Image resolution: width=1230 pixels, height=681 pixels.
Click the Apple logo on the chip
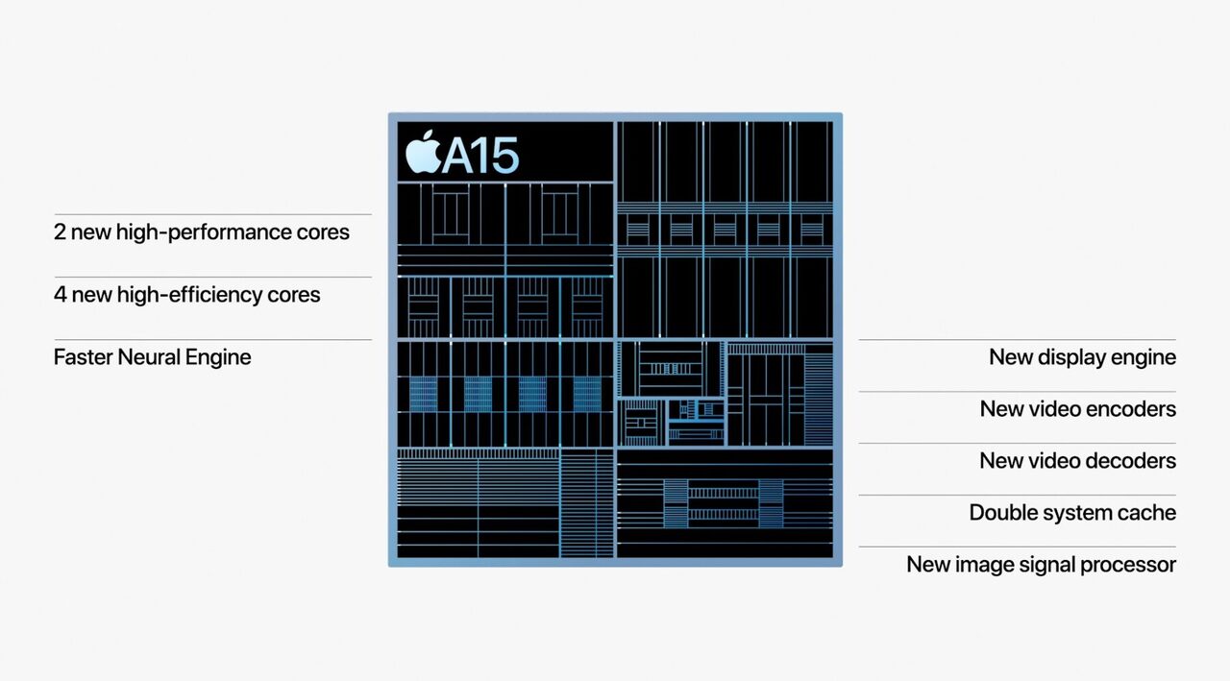(424, 152)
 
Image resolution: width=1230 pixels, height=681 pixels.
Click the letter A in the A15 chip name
(459, 155)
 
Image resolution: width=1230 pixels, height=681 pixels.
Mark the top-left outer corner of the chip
(389, 113)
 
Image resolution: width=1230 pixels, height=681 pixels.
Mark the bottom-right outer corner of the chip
(843, 567)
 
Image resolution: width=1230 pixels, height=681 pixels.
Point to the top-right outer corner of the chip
(843, 113)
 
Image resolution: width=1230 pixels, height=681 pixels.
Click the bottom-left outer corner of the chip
(389, 567)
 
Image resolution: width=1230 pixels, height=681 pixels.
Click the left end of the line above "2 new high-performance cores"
(55, 214)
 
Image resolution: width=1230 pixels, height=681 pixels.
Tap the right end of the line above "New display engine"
(1175, 340)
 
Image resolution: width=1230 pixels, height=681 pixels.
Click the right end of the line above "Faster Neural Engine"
(371, 340)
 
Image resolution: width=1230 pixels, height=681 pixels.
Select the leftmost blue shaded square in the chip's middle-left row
(424, 394)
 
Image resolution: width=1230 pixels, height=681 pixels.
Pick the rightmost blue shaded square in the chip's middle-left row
(587, 394)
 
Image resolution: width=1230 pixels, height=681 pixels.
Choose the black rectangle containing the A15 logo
(505, 152)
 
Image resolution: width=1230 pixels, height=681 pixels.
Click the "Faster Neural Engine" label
(153, 357)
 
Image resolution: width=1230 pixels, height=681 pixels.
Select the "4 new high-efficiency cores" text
(187, 295)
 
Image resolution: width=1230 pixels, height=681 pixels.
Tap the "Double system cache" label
(1072, 513)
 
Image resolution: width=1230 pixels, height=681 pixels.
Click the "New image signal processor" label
(1041, 564)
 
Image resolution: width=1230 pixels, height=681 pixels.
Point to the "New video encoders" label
(1078, 409)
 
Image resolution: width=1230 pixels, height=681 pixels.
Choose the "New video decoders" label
(1078, 460)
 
